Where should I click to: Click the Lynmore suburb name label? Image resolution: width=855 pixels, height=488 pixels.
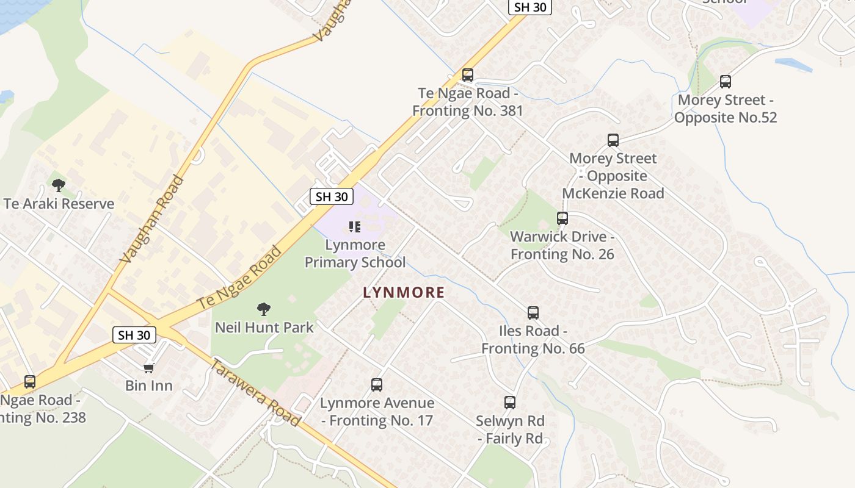[404, 292]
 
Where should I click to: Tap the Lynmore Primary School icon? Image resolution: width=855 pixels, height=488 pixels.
[354, 227]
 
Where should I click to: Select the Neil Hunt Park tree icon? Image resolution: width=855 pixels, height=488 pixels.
[264, 309]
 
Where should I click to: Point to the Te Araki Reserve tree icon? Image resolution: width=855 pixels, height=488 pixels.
[59, 185]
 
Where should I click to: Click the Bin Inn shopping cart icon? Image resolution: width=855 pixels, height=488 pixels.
[148, 367]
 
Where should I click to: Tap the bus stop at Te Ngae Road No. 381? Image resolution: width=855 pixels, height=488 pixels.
[468, 75]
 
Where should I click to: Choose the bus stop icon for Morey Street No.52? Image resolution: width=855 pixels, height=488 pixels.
[726, 82]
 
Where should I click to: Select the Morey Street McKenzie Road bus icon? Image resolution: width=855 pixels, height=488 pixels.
[613, 140]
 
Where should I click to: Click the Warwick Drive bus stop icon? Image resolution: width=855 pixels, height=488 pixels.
[562, 218]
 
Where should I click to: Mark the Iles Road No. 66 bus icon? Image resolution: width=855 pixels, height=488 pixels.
[533, 313]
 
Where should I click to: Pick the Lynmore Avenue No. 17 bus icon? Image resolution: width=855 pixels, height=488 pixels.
[377, 385]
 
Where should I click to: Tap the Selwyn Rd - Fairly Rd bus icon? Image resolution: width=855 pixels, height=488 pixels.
[510, 403]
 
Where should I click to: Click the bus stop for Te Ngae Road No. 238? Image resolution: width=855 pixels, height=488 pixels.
[30, 382]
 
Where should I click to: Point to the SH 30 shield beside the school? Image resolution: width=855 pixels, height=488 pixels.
[332, 196]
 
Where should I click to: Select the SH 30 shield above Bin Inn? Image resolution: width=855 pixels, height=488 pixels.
[134, 334]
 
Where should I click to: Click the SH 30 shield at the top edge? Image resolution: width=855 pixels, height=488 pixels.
[529, 7]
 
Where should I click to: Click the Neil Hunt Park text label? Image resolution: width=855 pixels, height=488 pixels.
[264, 328]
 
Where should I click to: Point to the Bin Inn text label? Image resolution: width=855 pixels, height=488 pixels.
[149, 386]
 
